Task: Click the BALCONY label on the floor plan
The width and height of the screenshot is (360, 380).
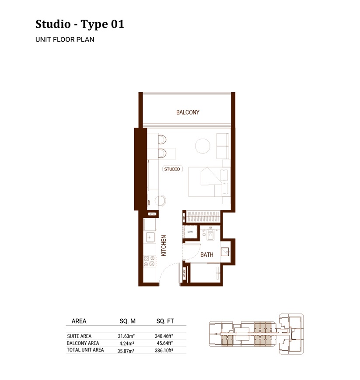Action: (x=188, y=112)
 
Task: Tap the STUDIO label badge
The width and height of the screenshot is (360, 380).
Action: (x=172, y=169)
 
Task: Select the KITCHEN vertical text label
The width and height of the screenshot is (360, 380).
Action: (x=164, y=245)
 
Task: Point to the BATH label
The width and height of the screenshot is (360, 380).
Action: (x=206, y=254)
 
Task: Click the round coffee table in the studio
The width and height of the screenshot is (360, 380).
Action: (x=203, y=146)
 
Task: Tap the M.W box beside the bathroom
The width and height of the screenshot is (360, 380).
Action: (x=190, y=232)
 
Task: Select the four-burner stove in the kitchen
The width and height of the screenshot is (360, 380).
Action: (x=149, y=261)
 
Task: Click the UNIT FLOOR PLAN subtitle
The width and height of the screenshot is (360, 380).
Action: (x=65, y=39)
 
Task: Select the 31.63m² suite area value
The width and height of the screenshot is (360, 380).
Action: (x=126, y=336)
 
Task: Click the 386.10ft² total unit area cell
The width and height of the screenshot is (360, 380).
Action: (x=164, y=350)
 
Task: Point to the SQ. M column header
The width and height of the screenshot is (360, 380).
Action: (x=128, y=321)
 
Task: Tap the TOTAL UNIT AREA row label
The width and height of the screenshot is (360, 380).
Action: (x=85, y=350)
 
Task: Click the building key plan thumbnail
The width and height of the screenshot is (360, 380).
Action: (x=256, y=334)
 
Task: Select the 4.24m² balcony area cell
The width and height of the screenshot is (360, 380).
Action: (x=126, y=343)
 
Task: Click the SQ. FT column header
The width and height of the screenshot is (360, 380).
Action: (x=165, y=321)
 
